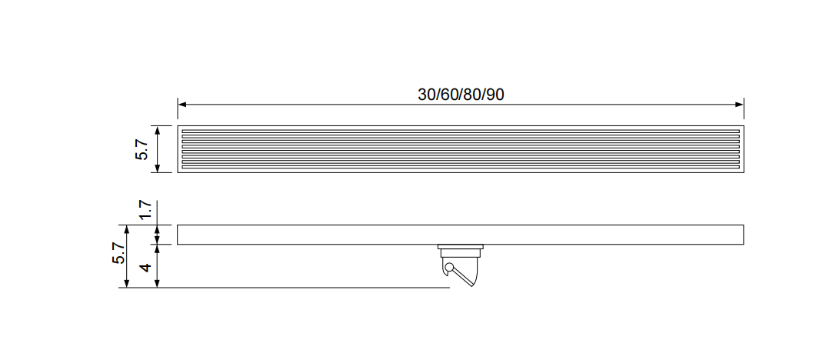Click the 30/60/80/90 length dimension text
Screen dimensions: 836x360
coord(461,95)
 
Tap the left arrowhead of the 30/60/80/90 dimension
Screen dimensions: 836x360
coord(182,104)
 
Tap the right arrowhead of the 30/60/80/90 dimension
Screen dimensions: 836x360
coord(739,104)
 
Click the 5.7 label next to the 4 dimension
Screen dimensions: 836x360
coord(118,252)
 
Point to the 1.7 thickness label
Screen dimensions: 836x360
coord(146,210)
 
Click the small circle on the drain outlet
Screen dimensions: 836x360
coord(449,267)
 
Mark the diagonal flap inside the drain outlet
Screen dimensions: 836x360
coord(463,278)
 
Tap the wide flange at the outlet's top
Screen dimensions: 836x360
coord(461,247)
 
